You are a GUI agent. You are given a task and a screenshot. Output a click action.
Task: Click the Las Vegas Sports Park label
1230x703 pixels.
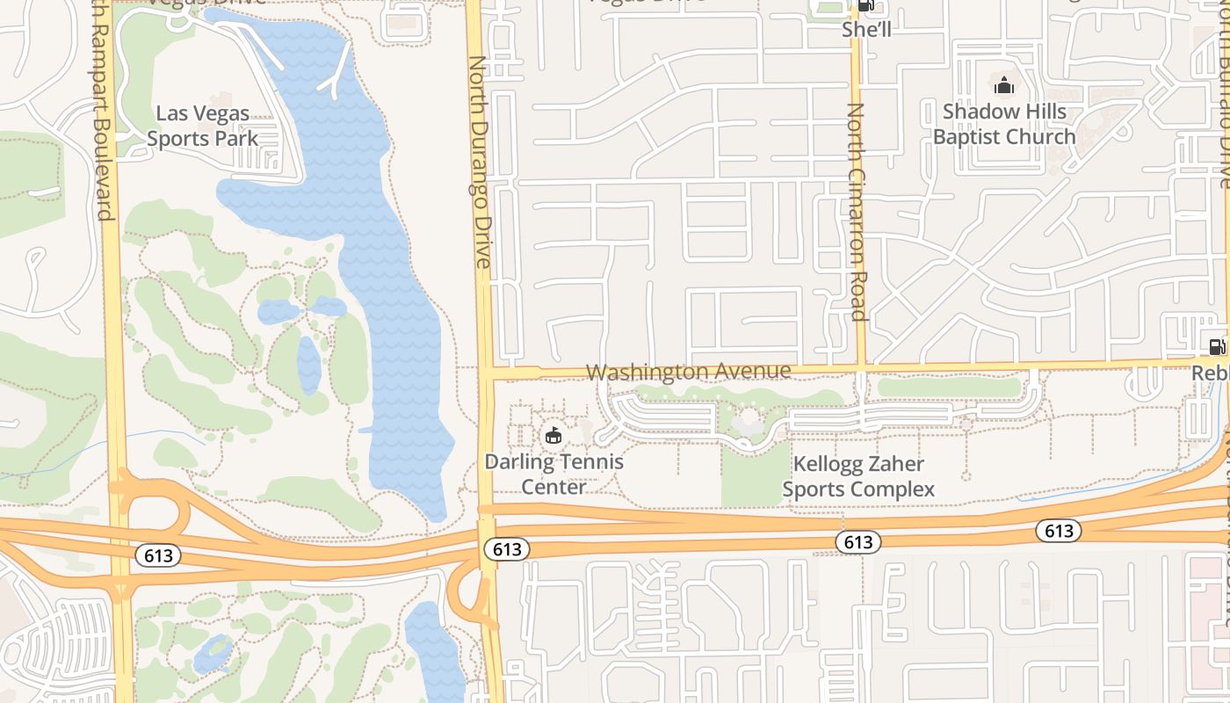pos(203,126)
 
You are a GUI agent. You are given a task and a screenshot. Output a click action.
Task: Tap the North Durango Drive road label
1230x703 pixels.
pos(480,163)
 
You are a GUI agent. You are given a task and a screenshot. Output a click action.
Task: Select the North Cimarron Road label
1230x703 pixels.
pos(857,212)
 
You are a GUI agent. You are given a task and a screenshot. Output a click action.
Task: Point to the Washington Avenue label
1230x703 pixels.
pos(688,372)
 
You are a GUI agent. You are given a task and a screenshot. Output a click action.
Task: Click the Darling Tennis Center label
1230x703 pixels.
pos(554,474)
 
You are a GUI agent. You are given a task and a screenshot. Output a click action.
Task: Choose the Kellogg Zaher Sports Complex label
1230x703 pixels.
pos(858,476)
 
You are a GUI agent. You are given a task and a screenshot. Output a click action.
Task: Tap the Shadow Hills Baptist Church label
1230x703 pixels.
pos(1004,124)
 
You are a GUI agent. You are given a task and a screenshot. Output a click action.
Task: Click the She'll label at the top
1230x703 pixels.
pos(866,29)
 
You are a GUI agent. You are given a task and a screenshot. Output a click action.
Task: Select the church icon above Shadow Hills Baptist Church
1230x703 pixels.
pos(1003,85)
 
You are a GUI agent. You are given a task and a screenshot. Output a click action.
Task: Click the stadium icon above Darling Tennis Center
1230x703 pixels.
pos(553,435)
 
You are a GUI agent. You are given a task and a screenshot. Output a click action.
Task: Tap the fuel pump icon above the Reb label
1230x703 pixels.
pos(1217,347)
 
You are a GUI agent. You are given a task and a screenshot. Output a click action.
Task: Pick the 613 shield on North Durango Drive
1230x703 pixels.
pos(507,549)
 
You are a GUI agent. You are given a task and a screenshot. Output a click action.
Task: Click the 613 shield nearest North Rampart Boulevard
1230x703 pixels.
pos(158,555)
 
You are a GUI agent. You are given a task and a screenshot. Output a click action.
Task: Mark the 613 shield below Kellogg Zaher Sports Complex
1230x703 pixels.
pos(857,542)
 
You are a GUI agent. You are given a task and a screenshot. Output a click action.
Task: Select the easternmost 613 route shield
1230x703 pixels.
pos(1059,530)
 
